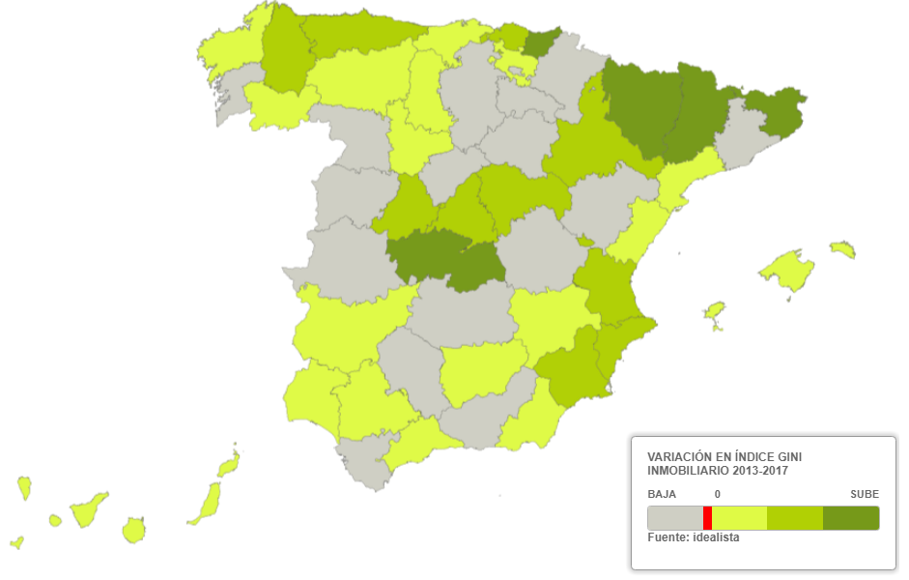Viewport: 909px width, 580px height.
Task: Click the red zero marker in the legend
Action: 707,518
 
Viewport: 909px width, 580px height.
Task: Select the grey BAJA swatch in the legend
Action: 674,518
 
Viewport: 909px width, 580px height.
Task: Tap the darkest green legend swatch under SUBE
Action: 851,518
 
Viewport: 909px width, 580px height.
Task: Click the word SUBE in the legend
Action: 865,494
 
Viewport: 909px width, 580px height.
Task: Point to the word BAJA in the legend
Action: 661,494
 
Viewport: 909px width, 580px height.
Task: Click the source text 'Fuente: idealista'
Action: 693,537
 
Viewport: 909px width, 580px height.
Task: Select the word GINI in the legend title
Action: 784,455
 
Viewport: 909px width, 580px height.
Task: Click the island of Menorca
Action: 843,249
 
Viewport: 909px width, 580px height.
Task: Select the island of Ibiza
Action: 714,311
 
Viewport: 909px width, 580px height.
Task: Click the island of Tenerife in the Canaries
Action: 90,509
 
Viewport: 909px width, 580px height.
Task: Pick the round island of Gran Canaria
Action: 134,530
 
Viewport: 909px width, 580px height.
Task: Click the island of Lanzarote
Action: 229,466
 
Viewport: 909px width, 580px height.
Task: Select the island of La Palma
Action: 24,487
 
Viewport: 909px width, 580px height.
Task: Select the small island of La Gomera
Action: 55,521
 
